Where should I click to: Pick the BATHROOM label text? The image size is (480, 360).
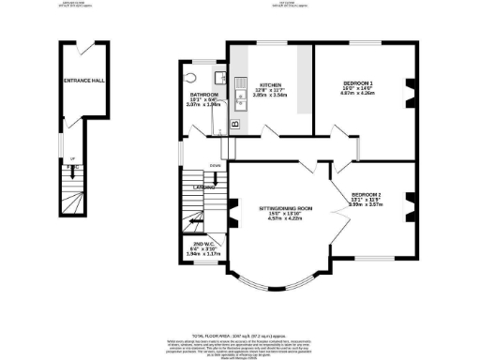[x=204, y=95]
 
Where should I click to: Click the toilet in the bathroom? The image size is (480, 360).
[x=191, y=79]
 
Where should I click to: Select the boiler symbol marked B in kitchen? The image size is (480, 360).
[x=235, y=123]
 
